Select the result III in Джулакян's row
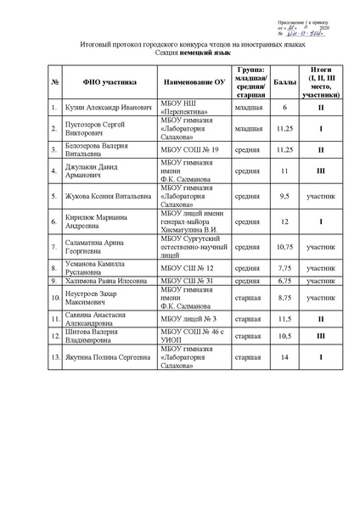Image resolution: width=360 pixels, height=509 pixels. pyautogui.click(x=323, y=171)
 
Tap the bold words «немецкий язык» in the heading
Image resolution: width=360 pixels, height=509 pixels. pyautogui.click(x=200, y=52)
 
